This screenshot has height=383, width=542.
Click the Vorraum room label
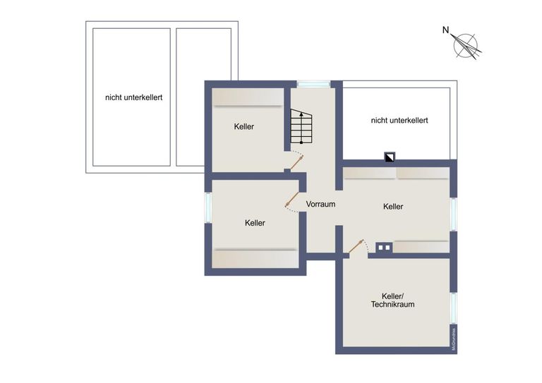click(320, 204)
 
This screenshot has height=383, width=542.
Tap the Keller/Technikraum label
click(392, 300)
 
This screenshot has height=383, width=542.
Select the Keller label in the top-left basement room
click(244, 127)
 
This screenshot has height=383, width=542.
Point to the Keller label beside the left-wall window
click(255, 223)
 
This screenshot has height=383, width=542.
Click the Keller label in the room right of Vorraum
click(393, 207)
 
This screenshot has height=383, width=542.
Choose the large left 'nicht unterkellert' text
click(133, 97)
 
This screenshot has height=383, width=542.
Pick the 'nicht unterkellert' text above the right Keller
click(399, 121)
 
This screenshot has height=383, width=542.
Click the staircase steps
click(301, 127)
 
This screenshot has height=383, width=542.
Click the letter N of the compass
click(445, 30)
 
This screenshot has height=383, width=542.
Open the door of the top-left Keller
click(295, 162)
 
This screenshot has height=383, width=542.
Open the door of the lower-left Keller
click(291, 200)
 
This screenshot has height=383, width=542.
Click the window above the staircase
click(313, 85)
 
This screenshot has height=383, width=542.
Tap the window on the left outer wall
click(208, 208)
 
